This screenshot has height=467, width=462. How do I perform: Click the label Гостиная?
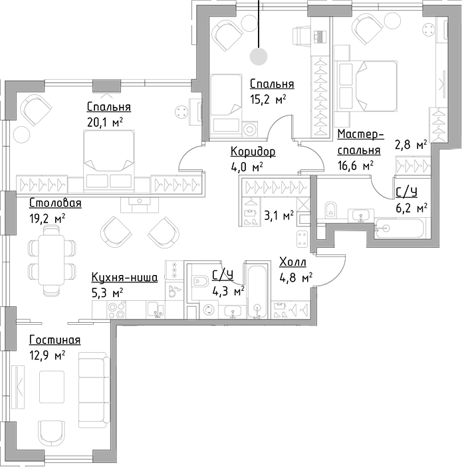(55, 340)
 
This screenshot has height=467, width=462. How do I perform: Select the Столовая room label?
(55, 203)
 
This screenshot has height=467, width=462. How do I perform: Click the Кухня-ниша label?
(124, 278)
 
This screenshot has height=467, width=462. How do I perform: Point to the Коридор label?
(253, 151)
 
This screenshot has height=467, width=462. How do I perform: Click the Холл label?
(292, 262)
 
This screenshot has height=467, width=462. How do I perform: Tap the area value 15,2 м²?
(268, 99)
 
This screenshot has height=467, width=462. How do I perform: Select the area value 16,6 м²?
(354, 165)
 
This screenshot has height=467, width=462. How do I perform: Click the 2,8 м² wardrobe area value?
(410, 143)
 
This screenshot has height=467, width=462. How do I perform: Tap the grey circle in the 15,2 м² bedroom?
(259, 56)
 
